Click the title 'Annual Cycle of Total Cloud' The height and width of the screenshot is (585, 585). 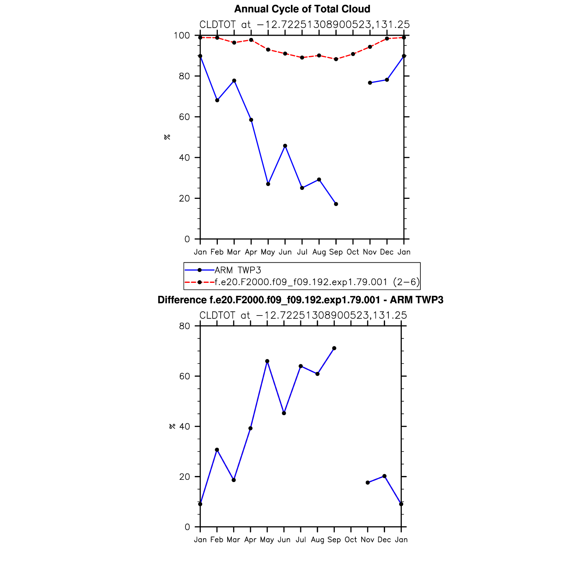point(302,9)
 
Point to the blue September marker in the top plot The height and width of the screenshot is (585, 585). point(336,204)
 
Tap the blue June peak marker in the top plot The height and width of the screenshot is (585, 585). point(285,146)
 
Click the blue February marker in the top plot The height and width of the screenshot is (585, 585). point(217,100)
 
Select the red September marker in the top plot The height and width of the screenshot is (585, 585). point(336,59)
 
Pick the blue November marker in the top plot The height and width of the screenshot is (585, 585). point(370,83)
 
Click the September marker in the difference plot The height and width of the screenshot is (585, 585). point(334,348)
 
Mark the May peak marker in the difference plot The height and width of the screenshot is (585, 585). point(267,361)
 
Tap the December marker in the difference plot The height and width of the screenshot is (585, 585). point(384,476)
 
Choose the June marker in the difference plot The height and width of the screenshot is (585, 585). point(284,413)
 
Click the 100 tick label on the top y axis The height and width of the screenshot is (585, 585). point(182,36)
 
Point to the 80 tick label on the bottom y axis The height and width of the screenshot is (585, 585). point(184,326)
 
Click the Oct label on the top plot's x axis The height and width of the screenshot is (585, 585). point(353,252)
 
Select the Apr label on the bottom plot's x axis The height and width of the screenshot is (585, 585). point(250,540)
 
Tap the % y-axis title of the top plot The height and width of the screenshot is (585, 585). point(167,137)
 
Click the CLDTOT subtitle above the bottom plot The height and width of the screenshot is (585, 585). point(303,316)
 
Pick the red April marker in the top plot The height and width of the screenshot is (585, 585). point(251,40)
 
